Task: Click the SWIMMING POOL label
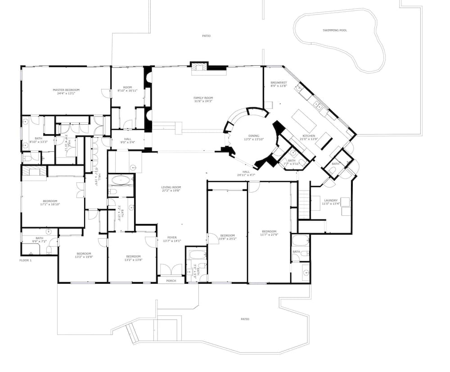coord(335,30)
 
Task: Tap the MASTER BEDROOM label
coord(66,90)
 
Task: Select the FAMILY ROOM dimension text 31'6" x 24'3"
coord(203,101)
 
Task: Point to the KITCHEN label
coord(308,136)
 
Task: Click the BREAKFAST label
coord(279,82)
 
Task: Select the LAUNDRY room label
coord(330,200)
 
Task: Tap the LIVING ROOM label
coord(171,187)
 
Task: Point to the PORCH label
coord(171,281)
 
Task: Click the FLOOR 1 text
coord(25,260)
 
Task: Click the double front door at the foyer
coord(171,270)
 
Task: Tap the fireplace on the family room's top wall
coord(199,67)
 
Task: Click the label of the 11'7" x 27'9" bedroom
coord(269,231)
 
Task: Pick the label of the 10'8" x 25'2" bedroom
coord(227,235)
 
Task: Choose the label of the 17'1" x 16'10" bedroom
coord(50,201)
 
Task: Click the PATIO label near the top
coord(206,36)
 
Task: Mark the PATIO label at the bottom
coord(245,319)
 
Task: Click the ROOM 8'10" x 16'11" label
coord(127,87)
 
